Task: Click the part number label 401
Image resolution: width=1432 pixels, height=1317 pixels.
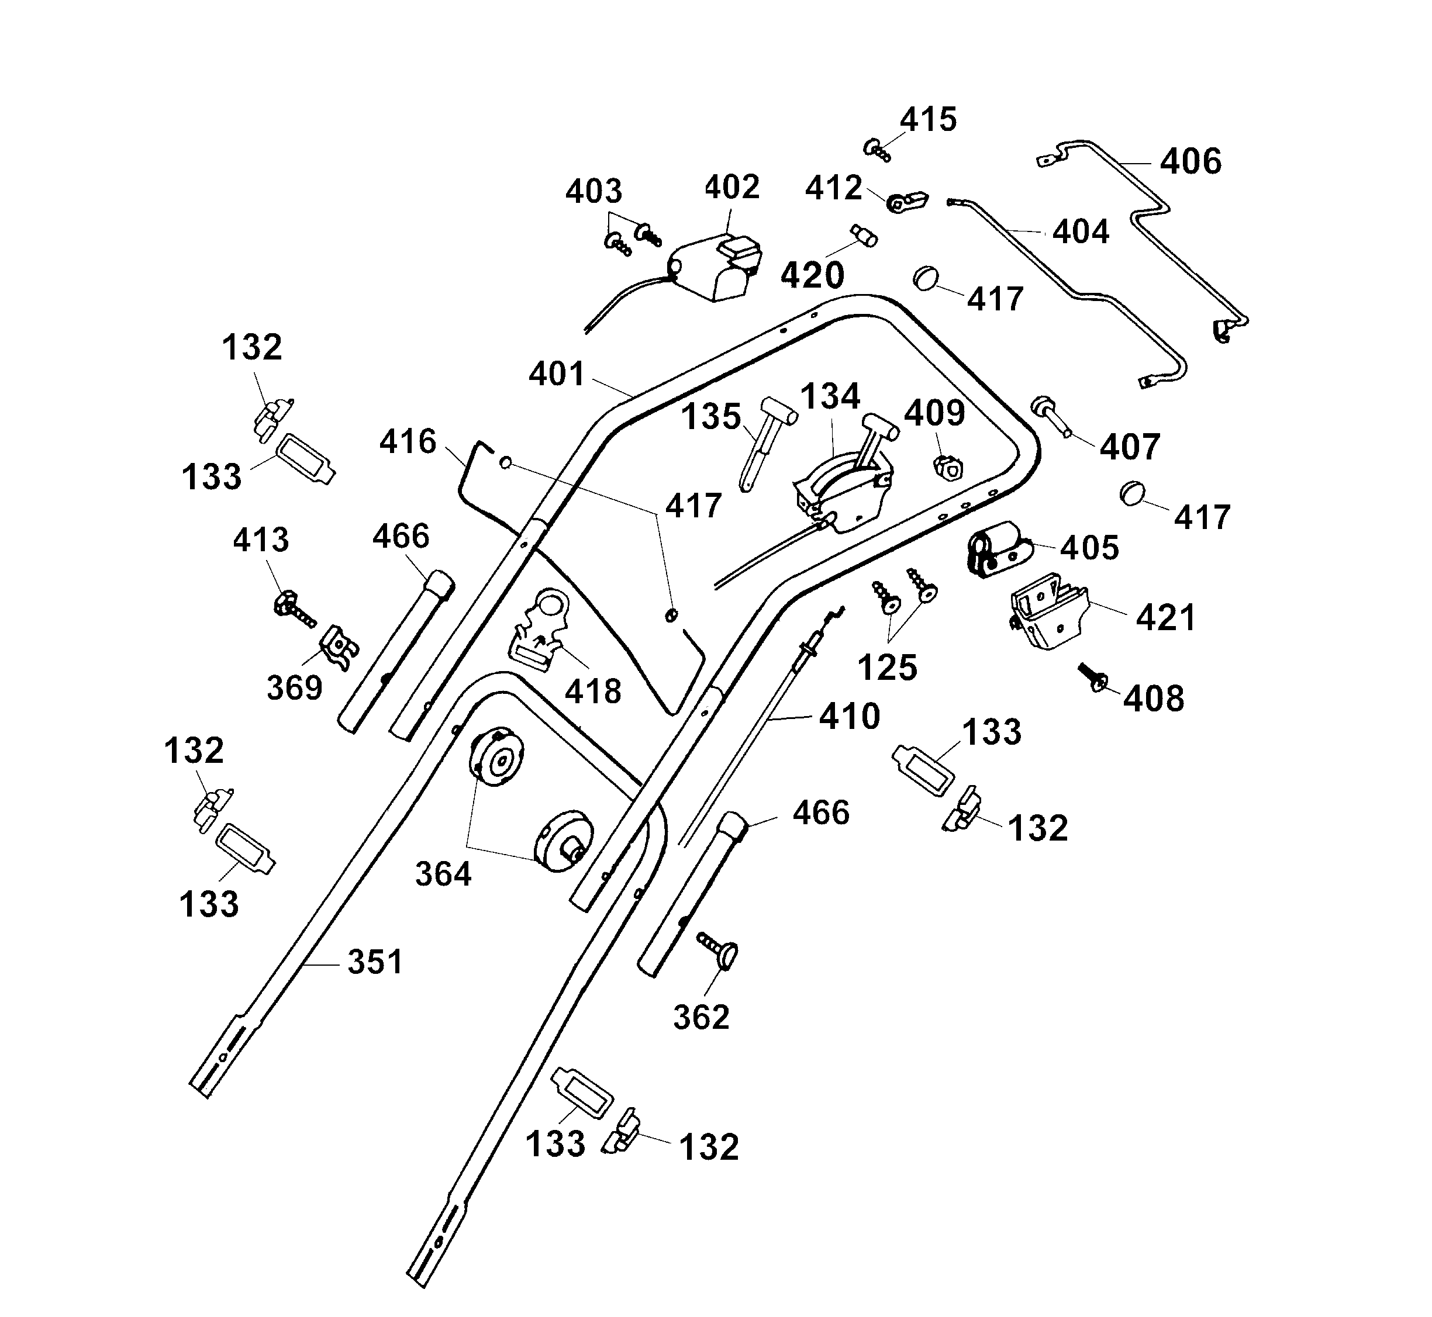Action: (556, 374)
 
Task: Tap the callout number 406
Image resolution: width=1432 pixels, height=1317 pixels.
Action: (1191, 162)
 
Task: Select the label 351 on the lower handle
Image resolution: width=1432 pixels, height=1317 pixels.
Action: (375, 962)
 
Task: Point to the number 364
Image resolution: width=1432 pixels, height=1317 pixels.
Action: (443, 874)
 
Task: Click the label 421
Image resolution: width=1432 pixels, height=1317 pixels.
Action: (1165, 617)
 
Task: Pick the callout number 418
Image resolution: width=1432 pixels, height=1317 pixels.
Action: (593, 692)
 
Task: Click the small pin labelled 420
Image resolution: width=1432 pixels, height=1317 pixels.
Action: (864, 234)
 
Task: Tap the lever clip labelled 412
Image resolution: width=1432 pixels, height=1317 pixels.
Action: (907, 202)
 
